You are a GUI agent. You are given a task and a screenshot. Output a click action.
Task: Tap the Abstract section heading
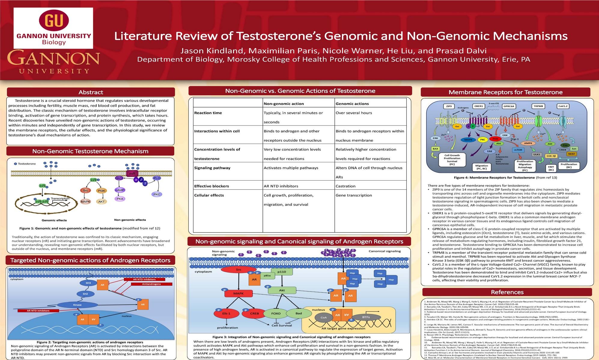tap(91, 92)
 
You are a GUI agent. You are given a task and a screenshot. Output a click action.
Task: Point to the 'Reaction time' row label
tap(208, 113)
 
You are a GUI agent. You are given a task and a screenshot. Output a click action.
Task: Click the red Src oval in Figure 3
tap(239, 270)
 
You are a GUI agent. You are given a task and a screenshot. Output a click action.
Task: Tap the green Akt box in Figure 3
tap(282, 290)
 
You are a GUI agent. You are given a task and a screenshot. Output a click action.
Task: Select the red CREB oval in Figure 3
tap(254, 313)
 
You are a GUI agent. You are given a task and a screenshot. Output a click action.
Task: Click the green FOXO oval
tap(276, 313)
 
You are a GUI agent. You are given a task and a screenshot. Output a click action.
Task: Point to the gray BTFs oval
tap(366, 317)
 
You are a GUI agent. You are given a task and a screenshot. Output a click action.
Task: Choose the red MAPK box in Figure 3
tap(239, 293)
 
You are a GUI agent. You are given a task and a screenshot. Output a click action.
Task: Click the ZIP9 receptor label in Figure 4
tap(449, 106)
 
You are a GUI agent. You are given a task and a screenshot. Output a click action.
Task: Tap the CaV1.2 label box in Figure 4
tap(563, 106)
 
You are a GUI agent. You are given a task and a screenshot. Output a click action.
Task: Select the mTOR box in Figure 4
tap(518, 150)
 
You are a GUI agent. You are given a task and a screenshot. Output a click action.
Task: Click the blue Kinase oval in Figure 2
tap(77, 305)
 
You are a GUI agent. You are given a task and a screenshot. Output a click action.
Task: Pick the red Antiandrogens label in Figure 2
tap(151, 284)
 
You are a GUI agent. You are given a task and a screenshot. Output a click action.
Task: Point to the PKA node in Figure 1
tap(120, 199)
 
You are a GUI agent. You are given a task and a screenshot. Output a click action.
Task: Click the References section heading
tap(507, 292)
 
